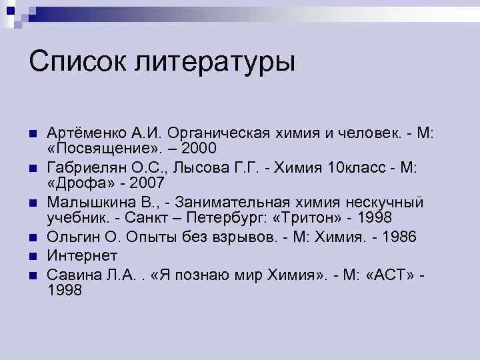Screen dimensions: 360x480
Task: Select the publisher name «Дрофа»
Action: [77, 183]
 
